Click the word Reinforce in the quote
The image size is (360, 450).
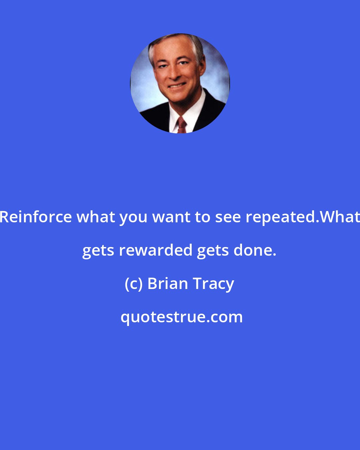36,217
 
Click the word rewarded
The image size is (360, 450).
156,250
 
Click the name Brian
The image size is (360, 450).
168,284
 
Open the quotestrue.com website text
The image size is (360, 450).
181,317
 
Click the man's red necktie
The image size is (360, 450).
182,125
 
